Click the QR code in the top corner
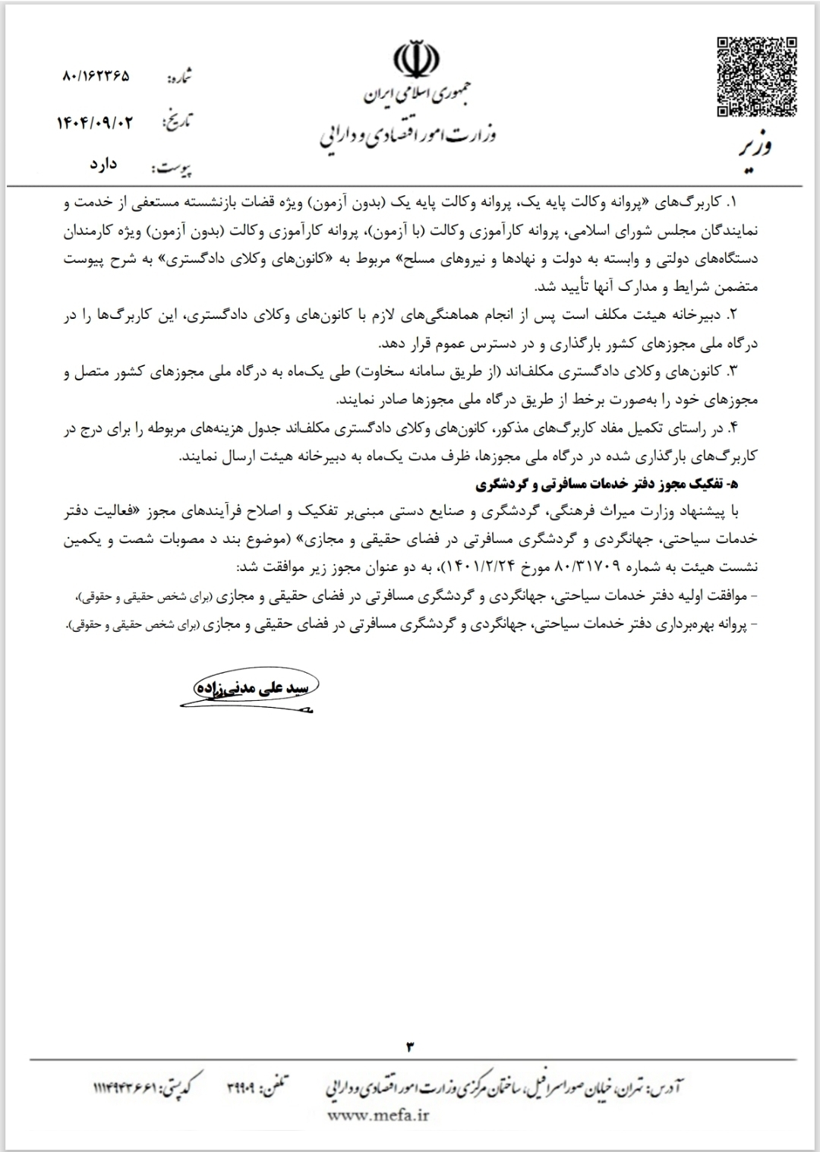tap(757, 77)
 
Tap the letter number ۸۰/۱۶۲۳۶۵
tap(94, 77)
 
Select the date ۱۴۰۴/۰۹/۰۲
tap(94, 122)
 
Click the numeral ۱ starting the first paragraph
tap(733, 204)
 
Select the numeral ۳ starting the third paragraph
tap(733, 371)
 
